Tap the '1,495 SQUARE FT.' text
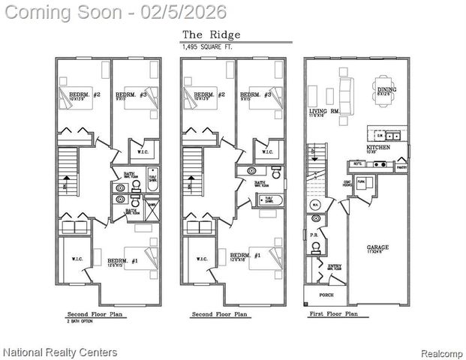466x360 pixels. coord(208,46)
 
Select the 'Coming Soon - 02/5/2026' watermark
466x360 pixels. coord(113,11)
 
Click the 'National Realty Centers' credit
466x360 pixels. coord(60,352)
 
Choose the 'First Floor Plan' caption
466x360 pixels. coord(333,315)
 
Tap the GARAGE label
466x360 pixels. coord(377,247)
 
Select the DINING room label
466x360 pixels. coord(388,89)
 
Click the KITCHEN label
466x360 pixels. coord(378,148)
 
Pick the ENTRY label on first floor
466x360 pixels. coord(334,266)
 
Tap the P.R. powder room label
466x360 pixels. coord(313,235)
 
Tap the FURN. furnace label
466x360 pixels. coord(360,181)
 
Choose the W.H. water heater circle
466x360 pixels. coord(316,203)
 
